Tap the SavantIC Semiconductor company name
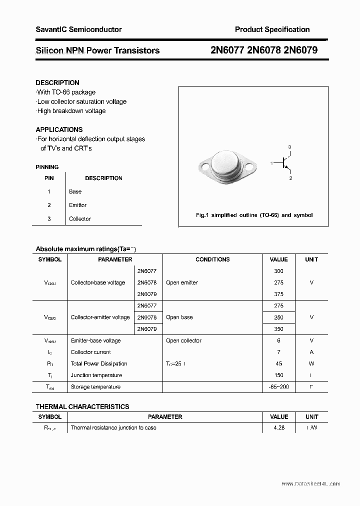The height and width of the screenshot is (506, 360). [x=78, y=29]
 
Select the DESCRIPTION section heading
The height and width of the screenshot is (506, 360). [x=57, y=82]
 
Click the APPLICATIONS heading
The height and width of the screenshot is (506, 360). [x=59, y=129]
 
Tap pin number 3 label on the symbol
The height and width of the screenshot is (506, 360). [x=289, y=146]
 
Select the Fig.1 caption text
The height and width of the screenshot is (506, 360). [x=253, y=215]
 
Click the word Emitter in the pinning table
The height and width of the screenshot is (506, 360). [x=77, y=205]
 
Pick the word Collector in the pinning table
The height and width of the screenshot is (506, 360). [x=79, y=219]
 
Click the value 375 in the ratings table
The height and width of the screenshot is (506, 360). [x=278, y=294]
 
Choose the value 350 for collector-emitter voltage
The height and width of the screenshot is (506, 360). [x=278, y=329]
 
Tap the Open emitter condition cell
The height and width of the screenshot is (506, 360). [x=182, y=282]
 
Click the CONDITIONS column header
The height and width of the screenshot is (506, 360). [x=212, y=259]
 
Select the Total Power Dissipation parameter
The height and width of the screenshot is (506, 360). [x=99, y=363]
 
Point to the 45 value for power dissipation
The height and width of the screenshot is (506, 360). [x=278, y=363]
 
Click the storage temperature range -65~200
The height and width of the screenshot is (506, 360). [x=278, y=386]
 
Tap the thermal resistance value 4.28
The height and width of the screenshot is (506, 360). [x=278, y=428]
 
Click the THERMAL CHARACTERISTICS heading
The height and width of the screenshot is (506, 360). [x=82, y=406]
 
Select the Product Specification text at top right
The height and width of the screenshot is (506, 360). [x=272, y=29]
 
